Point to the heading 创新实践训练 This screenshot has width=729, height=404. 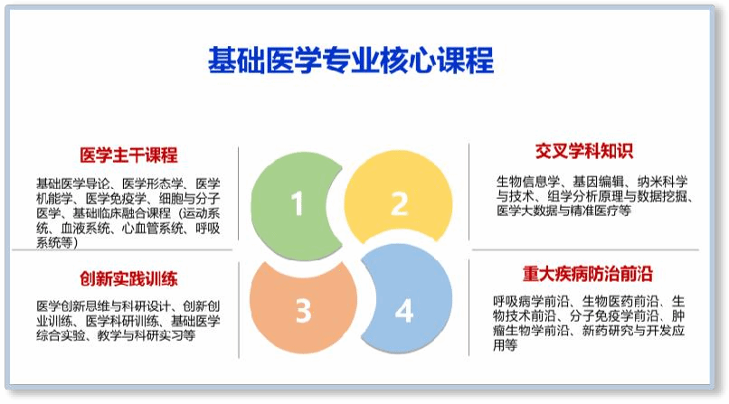(128, 278)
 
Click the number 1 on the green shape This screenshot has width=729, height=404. (297, 205)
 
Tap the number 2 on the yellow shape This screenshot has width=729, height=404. (399, 204)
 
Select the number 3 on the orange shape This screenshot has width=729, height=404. (303, 311)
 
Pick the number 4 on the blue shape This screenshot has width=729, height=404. (403, 311)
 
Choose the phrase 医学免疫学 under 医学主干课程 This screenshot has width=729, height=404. (115, 198)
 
